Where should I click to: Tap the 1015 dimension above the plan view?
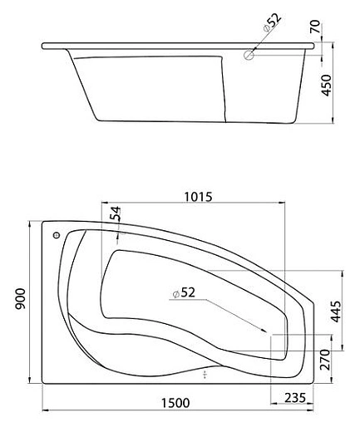pyautogui.click(x=197, y=197)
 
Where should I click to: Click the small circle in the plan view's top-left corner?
pyautogui.click(x=57, y=234)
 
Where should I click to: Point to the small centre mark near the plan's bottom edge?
pyautogui.click(x=204, y=375)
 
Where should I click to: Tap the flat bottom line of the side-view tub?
pyautogui.click(x=158, y=121)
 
